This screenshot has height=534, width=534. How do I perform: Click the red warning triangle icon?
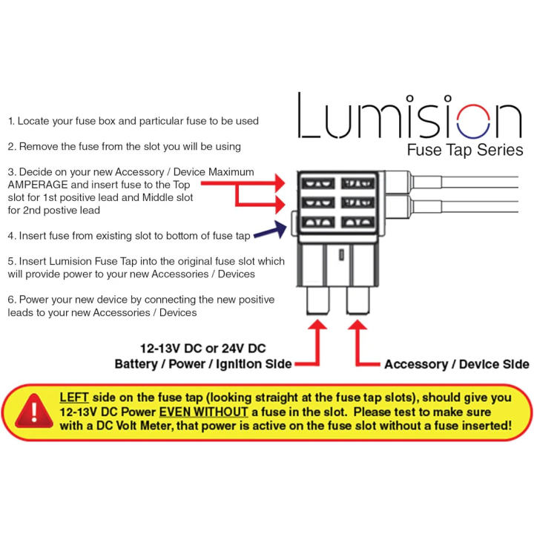[x=31, y=410]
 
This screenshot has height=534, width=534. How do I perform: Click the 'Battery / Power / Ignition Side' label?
[x=202, y=364]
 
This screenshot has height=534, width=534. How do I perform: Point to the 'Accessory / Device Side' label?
[x=457, y=364]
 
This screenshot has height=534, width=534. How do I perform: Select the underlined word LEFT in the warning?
[x=74, y=398]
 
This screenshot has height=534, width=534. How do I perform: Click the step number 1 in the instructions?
[x=11, y=120]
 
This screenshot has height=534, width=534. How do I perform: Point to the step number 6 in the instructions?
[x=11, y=300]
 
